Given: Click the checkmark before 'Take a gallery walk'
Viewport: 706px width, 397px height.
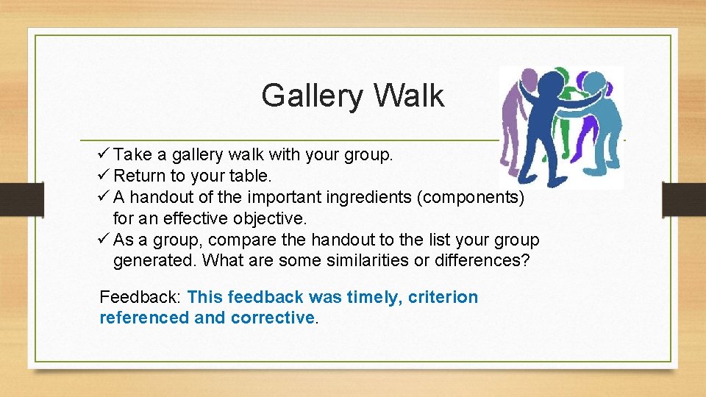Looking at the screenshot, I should click(103, 154).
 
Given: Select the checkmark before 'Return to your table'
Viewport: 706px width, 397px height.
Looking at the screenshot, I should click(103, 176).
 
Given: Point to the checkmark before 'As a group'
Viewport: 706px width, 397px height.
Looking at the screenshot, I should click(103, 240).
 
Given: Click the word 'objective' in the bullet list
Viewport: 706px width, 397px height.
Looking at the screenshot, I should click(266, 219).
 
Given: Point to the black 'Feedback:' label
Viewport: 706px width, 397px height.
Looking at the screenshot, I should click(140, 297).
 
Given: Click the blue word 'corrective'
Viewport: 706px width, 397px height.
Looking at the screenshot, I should click(272, 318).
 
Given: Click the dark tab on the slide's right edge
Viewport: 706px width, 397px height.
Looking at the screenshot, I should click(684, 198).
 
